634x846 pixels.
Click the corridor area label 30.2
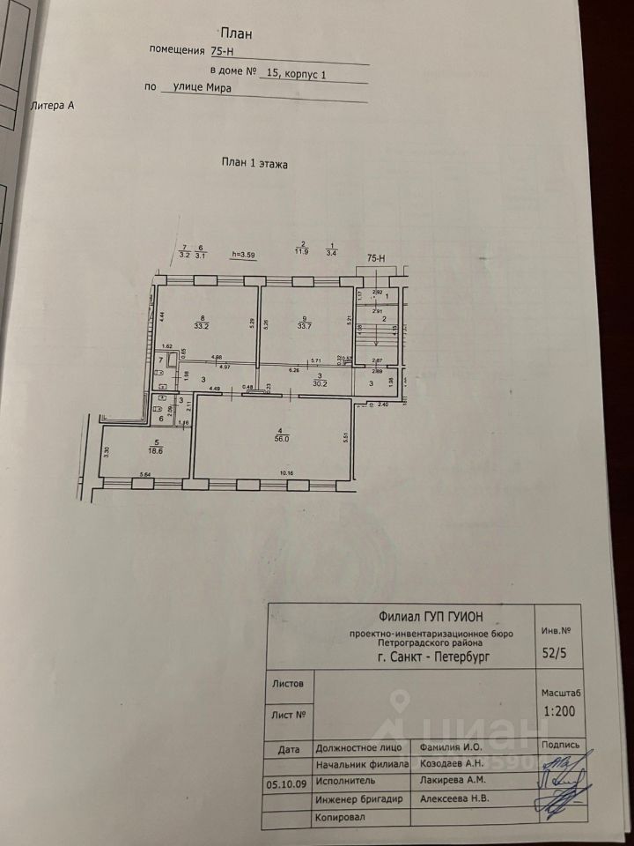pos(321,383)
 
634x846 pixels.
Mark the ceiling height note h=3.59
pos(243,256)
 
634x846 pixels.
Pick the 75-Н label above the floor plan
pos(377,259)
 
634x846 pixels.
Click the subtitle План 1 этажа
pos(254,164)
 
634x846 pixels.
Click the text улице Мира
pos(195,87)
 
